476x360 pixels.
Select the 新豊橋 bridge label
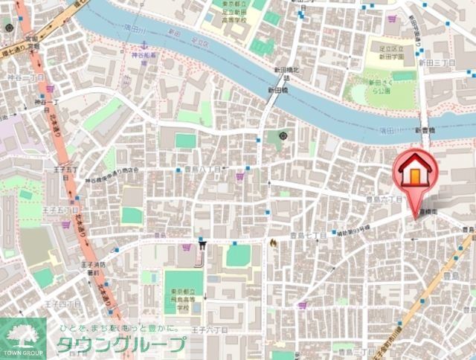pos(425,130)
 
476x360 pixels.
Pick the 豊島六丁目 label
pos(384,199)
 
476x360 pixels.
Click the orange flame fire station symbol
pos(274,242)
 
